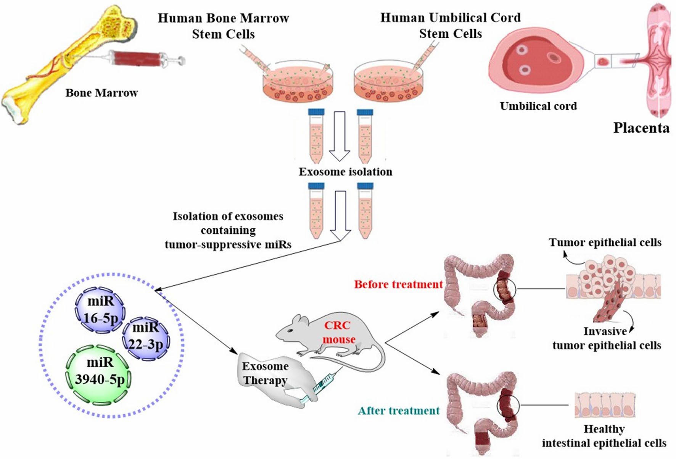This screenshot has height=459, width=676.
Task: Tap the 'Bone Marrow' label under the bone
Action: (x=101, y=93)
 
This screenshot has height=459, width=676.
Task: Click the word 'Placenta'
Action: (x=641, y=128)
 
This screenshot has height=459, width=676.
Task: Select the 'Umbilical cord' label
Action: (x=538, y=106)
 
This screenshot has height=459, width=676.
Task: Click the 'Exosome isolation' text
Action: (x=345, y=172)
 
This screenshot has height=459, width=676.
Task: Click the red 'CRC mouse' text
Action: (x=338, y=332)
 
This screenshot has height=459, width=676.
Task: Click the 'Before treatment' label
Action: (x=398, y=284)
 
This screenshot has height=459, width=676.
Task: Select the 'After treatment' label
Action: (x=399, y=411)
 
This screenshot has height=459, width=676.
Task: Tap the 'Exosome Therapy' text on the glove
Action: (x=265, y=373)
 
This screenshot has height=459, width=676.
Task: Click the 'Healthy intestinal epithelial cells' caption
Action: (x=604, y=436)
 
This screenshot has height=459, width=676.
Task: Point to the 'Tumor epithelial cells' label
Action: (x=605, y=242)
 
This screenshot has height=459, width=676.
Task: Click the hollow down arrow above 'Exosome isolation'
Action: (x=339, y=136)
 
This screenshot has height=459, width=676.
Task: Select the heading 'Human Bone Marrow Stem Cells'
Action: (x=223, y=26)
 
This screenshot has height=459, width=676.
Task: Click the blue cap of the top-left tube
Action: (x=316, y=112)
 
